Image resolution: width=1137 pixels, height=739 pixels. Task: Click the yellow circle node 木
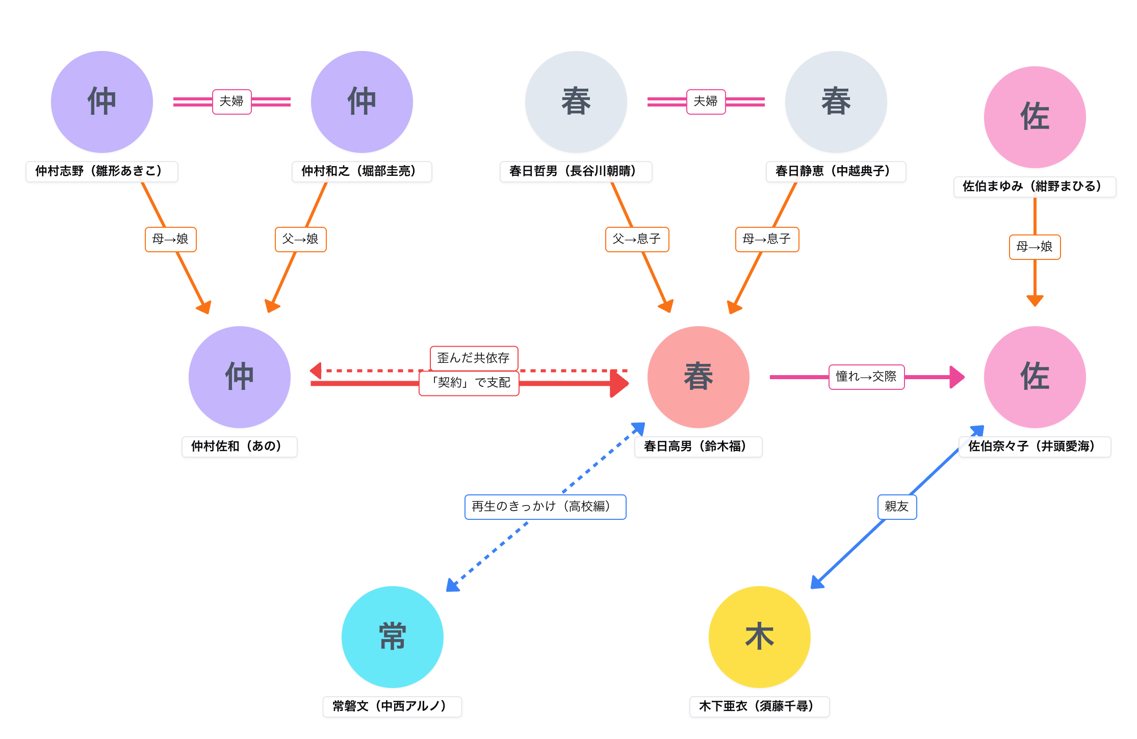point(759,637)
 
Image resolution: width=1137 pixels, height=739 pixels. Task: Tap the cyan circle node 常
point(392,637)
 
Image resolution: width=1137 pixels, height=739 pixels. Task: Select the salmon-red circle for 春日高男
point(698,377)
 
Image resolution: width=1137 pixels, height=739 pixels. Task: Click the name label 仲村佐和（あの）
point(239,446)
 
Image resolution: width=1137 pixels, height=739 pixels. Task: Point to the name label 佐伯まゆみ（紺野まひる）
point(1035,187)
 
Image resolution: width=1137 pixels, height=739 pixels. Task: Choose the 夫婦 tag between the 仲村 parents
point(231,101)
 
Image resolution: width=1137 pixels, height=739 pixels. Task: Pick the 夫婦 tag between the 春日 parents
point(706,101)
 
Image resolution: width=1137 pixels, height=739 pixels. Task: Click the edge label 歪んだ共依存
point(474,358)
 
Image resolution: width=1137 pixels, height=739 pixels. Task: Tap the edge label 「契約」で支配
point(469,383)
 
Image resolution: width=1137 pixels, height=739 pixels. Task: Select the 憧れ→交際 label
point(866,377)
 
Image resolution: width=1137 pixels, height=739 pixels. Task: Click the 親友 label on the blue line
point(897,507)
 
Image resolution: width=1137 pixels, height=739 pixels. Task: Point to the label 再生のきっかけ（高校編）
point(545,507)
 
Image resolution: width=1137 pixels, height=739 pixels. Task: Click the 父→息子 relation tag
point(637,239)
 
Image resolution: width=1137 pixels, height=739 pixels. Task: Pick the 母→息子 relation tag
point(767,239)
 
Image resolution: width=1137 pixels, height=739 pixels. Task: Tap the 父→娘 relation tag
point(300,239)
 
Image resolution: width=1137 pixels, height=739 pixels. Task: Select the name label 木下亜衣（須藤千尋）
point(759,706)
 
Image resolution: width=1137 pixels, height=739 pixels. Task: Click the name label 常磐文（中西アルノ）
point(392,706)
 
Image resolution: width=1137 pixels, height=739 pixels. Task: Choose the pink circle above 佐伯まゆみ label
point(1035,117)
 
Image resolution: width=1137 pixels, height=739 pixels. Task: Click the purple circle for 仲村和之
point(361,101)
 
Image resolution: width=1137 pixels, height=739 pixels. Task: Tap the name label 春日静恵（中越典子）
point(836,171)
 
